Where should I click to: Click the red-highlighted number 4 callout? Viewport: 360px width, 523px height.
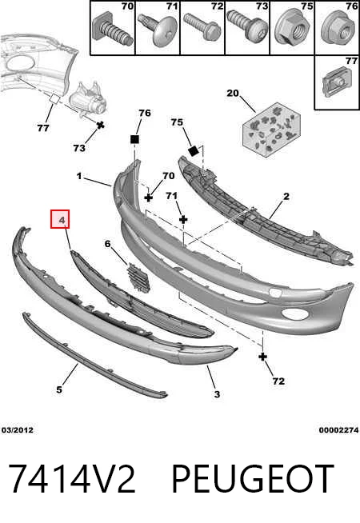tap(60, 219)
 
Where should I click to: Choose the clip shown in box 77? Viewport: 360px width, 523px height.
tap(337, 82)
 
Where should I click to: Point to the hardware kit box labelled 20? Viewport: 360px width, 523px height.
tap(271, 129)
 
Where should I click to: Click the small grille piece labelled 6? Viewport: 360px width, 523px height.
tap(138, 277)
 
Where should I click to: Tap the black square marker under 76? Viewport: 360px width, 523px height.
tap(134, 139)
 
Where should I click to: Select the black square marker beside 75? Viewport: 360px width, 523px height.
tap(193, 151)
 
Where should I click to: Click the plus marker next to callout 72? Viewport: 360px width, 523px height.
tap(263, 357)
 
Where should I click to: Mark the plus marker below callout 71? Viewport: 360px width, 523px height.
tap(183, 219)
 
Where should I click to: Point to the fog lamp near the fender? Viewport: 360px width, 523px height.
tap(87, 99)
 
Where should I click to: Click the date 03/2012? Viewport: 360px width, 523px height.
tap(18, 430)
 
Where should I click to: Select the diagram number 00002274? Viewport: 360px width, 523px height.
tap(338, 430)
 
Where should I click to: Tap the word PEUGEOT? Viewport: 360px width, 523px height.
tap(252, 479)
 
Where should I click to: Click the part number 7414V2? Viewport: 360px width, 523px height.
tap(72, 479)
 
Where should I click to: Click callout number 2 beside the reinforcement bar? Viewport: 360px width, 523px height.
tap(286, 197)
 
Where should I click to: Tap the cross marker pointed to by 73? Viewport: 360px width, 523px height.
tap(101, 126)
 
